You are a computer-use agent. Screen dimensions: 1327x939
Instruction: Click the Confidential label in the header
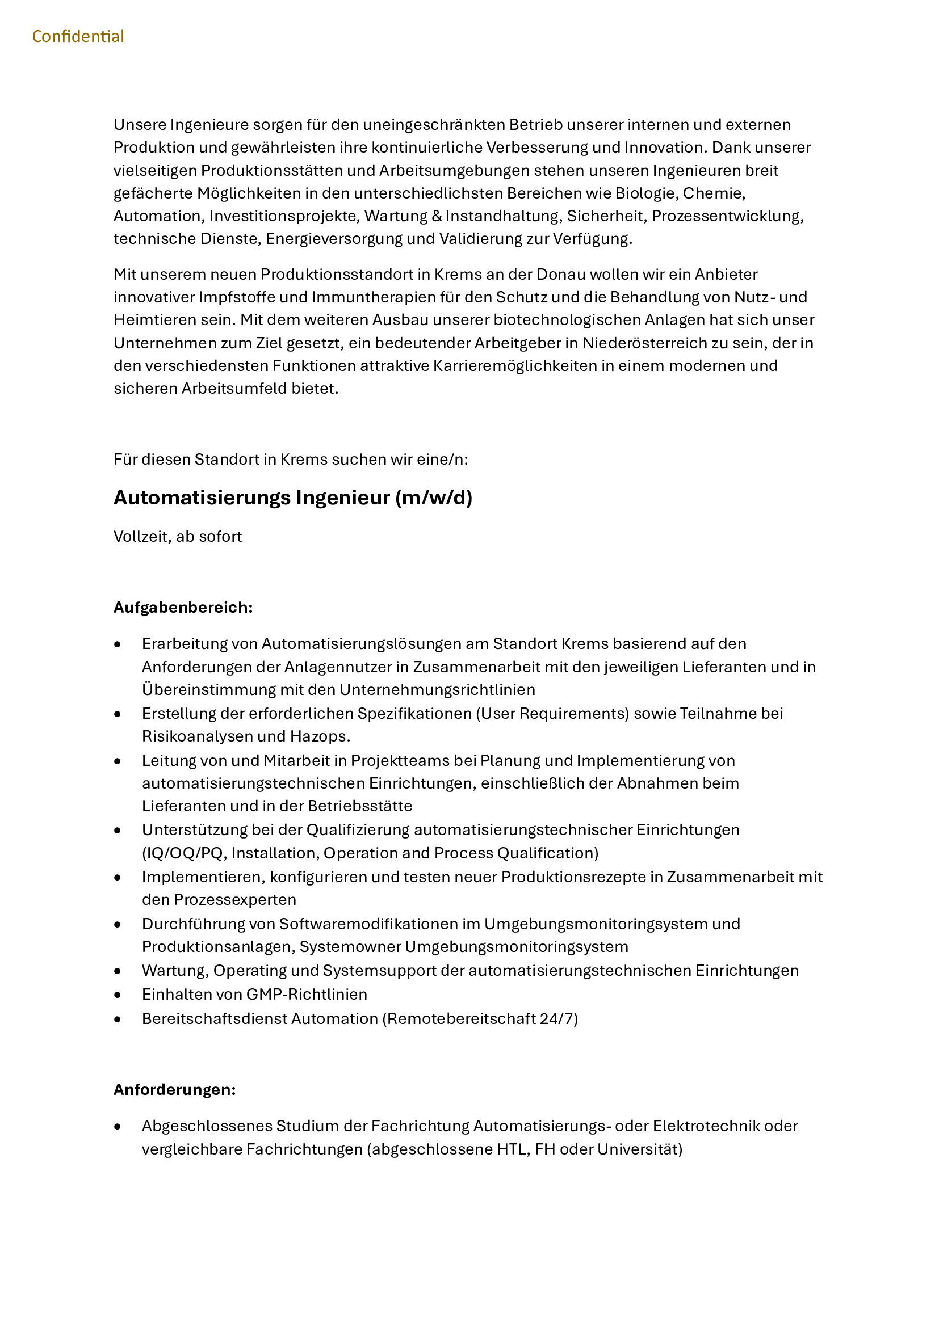point(78,36)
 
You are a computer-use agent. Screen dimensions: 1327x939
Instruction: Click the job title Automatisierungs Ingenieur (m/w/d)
point(292,498)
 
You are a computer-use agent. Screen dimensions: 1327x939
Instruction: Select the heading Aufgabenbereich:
point(183,608)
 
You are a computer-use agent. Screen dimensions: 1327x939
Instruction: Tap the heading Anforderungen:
point(175,1089)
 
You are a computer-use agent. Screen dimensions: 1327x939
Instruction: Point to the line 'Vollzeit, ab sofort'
point(178,536)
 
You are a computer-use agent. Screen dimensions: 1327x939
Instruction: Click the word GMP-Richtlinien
point(307,994)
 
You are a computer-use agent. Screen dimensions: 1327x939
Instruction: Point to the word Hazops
point(320,736)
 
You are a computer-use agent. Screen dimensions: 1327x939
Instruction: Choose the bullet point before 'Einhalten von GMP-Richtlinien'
point(118,995)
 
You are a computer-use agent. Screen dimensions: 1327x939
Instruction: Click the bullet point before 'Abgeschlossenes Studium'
point(118,1127)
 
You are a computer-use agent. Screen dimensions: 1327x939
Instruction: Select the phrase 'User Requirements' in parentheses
point(552,713)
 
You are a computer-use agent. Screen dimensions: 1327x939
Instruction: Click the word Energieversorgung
point(334,239)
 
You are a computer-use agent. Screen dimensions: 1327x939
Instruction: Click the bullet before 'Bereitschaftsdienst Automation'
point(118,1019)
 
